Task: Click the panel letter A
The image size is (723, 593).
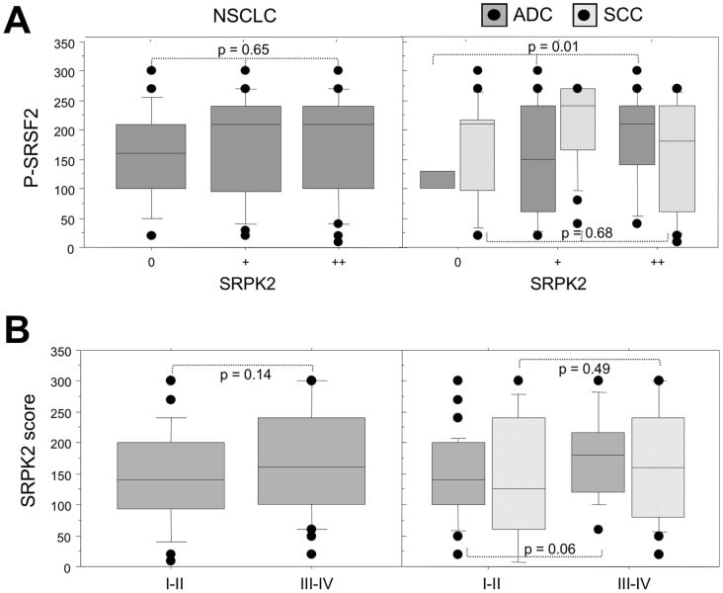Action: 20,20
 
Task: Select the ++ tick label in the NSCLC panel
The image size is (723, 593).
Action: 338,265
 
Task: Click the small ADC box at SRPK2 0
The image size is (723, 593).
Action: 438,180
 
